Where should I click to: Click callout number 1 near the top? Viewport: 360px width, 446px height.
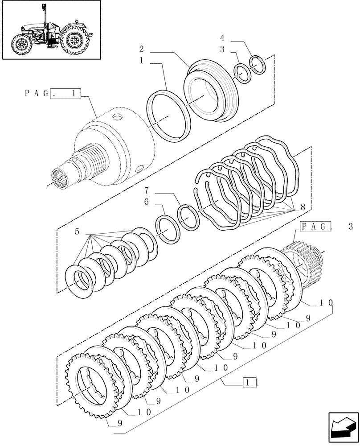pos(141,61)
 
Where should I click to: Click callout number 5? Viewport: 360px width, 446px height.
pos(77,231)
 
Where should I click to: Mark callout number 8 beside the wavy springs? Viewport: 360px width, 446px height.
pos(303,207)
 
